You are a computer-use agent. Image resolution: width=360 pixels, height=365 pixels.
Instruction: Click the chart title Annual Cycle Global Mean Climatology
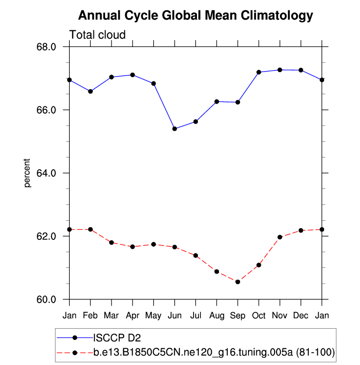click(x=195, y=16)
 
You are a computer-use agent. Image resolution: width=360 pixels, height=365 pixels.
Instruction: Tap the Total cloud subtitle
click(x=97, y=35)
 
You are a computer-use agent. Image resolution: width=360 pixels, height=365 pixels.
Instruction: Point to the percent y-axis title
click(x=28, y=173)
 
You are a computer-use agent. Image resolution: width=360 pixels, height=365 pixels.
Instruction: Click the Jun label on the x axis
click(x=174, y=314)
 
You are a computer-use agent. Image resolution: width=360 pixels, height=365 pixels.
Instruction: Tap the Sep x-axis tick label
click(x=238, y=314)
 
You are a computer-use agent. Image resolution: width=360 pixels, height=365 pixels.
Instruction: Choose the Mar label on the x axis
click(x=111, y=314)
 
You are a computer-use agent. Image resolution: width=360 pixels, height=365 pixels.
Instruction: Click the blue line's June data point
click(x=175, y=129)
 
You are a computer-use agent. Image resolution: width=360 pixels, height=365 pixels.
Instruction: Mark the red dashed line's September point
click(x=238, y=282)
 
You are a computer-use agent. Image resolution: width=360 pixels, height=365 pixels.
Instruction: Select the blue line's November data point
click(x=280, y=70)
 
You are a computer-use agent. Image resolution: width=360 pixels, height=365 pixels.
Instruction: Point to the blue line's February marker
click(x=90, y=91)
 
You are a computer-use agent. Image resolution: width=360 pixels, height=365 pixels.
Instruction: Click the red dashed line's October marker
click(x=259, y=265)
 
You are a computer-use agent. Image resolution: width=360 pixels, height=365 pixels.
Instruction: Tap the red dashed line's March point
click(x=111, y=242)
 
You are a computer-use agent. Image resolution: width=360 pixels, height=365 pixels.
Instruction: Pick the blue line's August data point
click(x=217, y=102)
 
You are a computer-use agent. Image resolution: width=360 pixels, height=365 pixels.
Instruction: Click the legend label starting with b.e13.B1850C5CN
click(x=214, y=352)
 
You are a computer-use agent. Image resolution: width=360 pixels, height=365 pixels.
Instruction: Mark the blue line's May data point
click(x=154, y=83)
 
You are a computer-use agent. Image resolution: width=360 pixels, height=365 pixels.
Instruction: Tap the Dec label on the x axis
click(x=301, y=314)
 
